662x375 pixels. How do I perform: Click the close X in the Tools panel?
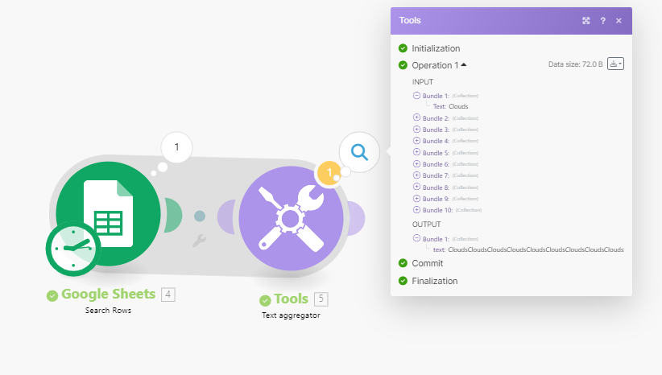coord(619,21)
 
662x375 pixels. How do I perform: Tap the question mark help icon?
coord(603,21)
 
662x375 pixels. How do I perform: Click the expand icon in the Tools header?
coord(586,21)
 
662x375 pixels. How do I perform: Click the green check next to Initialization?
coord(403,48)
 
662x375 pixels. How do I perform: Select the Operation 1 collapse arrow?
coord(464,64)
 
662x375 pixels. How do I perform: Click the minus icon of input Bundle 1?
coord(416,95)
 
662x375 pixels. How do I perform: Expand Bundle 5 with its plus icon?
coord(416,152)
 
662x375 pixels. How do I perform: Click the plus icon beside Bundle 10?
coord(416,210)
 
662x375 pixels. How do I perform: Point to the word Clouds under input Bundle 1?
coord(458,106)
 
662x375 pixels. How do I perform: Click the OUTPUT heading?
coord(426,225)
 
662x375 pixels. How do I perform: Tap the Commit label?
coord(428,263)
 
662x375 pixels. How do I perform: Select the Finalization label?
coord(434,281)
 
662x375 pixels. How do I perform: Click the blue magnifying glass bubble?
coord(359,152)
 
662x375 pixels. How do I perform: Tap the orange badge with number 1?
coord(329,173)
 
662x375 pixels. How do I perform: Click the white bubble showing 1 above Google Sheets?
coord(176,147)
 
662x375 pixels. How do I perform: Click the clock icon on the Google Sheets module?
coord(73,249)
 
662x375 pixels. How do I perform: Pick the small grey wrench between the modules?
coord(199,241)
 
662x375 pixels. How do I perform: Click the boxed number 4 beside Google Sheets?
coord(168,294)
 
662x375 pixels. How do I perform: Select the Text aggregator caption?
coord(291,315)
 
